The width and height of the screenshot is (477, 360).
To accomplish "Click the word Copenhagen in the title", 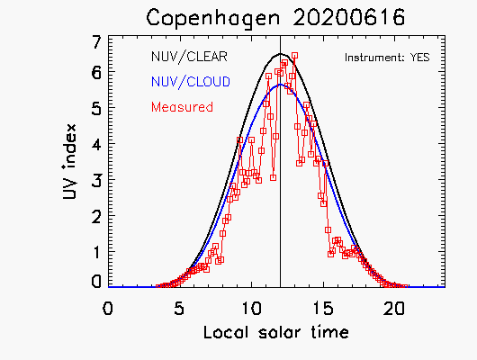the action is [x=213, y=18].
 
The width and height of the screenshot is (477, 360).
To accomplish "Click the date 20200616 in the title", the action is [x=349, y=17].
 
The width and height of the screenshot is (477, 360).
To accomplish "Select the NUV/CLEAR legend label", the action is [x=189, y=57].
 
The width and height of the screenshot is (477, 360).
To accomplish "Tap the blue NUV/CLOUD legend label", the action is [x=191, y=82].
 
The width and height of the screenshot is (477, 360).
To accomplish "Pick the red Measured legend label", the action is [x=182, y=107].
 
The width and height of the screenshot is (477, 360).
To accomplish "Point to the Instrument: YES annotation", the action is [x=387, y=58].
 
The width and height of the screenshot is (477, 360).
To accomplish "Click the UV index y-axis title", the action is [x=69, y=162].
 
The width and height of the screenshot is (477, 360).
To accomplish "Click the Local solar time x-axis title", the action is [x=276, y=332].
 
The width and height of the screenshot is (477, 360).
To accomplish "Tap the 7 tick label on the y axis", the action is [x=96, y=42].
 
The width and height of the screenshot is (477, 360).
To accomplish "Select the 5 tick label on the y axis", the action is [x=96, y=107].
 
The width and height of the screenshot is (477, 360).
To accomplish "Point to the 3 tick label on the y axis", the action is [x=96, y=179].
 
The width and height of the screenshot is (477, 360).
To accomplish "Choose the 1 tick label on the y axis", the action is [x=97, y=251].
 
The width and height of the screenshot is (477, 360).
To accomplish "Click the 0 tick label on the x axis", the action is [x=108, y=309].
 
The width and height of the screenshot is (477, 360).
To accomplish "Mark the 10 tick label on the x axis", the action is [x=252, y=309].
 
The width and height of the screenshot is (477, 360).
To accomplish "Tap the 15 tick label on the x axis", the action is [x=324, y=309].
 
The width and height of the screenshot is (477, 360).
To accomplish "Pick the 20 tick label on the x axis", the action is [x=394, y=309].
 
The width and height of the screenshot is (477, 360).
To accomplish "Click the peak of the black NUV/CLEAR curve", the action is [x=281, y=54].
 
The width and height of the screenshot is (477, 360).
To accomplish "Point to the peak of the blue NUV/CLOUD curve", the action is [x=280, y=85].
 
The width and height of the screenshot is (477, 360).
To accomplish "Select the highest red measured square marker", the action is [x=294, y=56].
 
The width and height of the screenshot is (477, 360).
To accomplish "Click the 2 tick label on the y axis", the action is [x=96, y=215].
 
